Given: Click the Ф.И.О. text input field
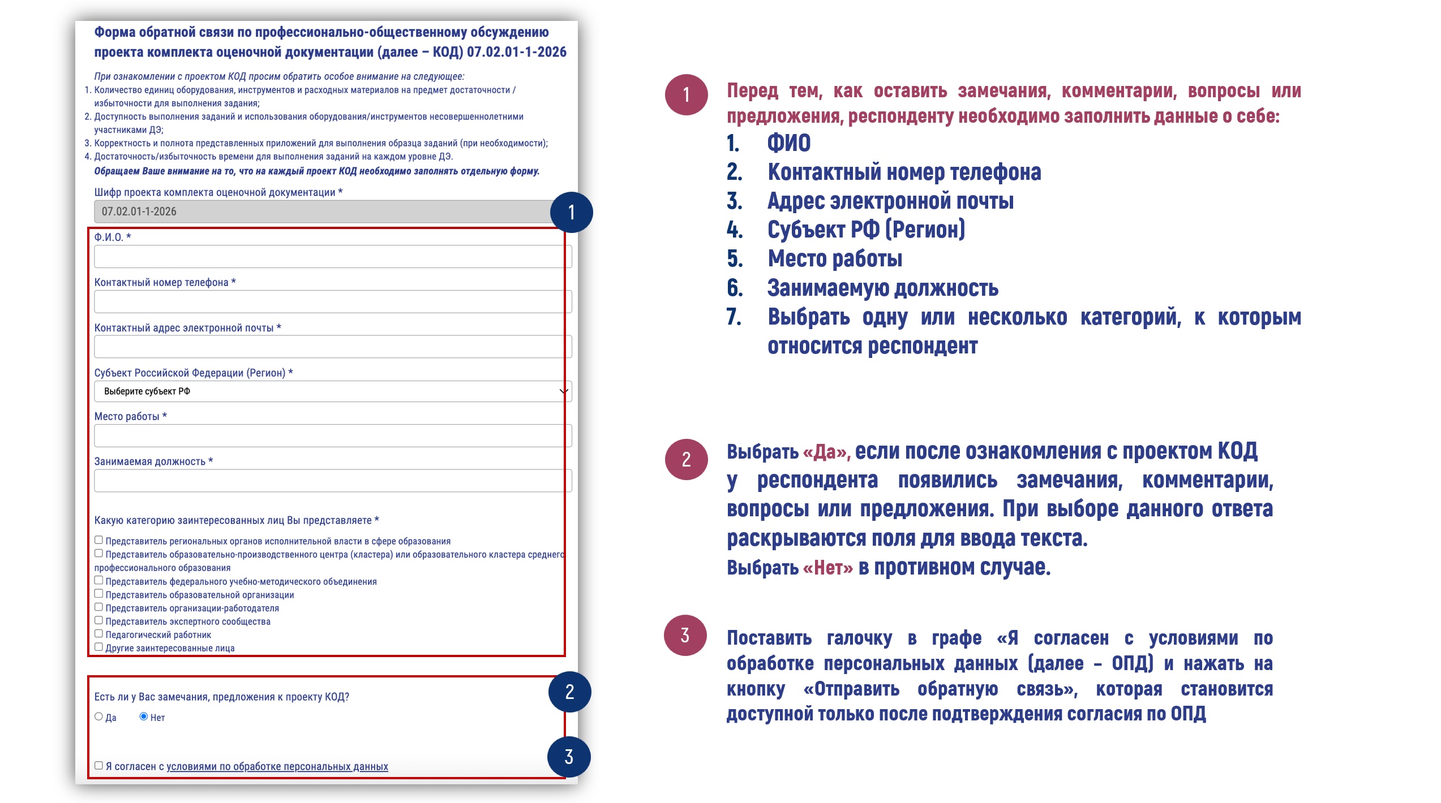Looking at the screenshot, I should point(332,257).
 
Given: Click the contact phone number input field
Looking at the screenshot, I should point(332,302).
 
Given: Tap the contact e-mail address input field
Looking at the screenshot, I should point(332,347).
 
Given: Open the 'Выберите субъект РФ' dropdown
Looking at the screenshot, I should point(332,391).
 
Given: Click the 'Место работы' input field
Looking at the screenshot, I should point(332,436).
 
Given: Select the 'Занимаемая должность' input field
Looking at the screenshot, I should point(332,481).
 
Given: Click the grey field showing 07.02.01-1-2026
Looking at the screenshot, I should point(323,211).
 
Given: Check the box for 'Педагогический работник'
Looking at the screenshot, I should point(98,634).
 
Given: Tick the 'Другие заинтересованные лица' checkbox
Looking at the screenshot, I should point(98,647).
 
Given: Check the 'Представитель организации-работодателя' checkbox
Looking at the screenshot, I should point(98,607).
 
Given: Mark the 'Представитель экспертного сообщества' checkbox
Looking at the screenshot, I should point(98,620).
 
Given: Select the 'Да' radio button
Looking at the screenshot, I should point(98,716).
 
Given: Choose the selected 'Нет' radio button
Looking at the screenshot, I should point(144,716).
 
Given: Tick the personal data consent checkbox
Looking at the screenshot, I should point(98,766).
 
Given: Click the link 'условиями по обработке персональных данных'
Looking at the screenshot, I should point(277,767).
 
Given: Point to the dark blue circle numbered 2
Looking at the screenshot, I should point(569,692).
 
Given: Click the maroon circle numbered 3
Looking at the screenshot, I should point(685,635).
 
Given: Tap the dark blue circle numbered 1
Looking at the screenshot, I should point(571,212).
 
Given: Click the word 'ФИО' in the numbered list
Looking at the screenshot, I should point(788,143).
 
